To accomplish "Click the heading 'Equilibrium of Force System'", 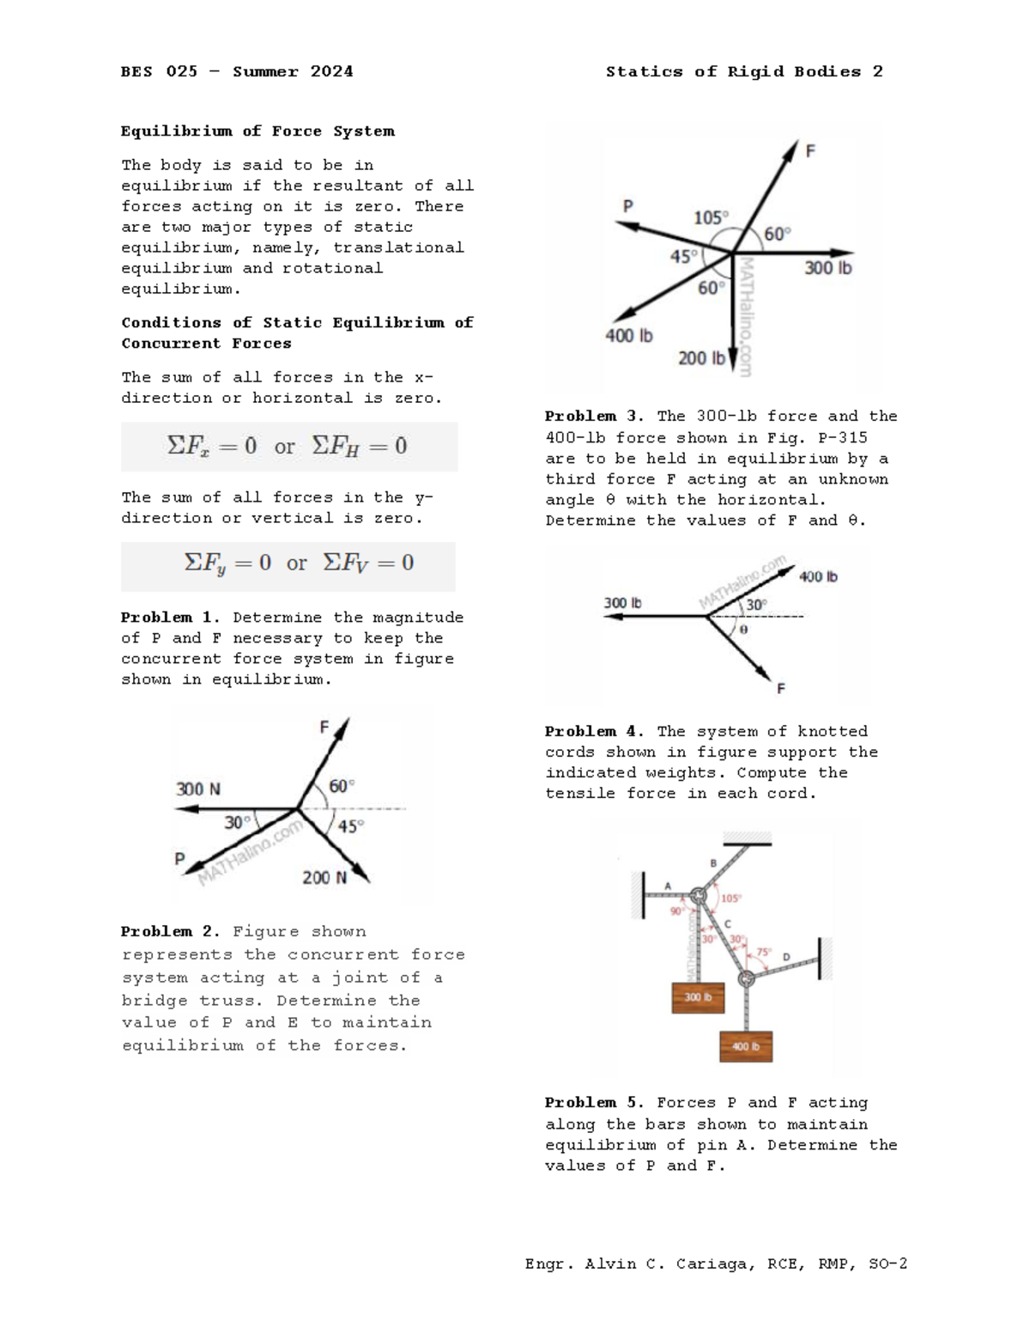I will [257, 131].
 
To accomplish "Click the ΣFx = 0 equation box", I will [288, 446].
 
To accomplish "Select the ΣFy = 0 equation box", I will [288, 563].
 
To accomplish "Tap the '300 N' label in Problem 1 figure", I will [198, 789].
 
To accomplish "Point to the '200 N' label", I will [324, 877].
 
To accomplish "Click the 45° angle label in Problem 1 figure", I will [350, 826].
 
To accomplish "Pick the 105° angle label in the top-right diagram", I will [711, 217].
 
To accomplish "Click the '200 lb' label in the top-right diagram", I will [701, 357].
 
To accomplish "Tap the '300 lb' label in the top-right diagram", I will [827, 268].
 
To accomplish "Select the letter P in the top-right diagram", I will [627, 205].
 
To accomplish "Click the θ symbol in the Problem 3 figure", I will [743, 630].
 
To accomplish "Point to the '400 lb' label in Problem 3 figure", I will [818, 577].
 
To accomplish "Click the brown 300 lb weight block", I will [697, 997].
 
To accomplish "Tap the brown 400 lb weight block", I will [746, 1046].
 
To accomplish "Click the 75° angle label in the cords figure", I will [764, 953].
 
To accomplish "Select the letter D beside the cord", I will [785, 957].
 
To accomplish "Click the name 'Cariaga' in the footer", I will [712, 1264].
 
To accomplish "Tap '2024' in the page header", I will [331, 71].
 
